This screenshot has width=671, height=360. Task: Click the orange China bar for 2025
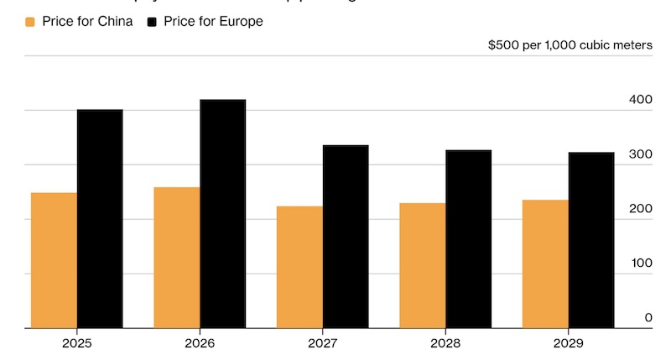tap(54, 260)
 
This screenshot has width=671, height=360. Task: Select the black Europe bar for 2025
tap(100, 218)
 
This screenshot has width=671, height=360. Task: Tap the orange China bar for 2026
tap(177, 258)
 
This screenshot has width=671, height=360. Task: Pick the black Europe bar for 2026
tap(222, 214)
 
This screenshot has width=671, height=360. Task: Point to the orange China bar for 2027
tap(299, 267)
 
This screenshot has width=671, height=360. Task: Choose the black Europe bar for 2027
tap(346, 237)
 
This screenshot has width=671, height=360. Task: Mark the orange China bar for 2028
tap(423, 265)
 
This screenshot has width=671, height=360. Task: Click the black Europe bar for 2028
tap(468, 239)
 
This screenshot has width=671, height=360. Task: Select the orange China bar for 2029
tap(545, 263)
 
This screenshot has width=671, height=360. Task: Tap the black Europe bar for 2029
tap(591, 240)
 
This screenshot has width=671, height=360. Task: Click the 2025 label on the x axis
tap(77, 343)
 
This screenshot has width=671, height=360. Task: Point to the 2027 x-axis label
tap(323, 343)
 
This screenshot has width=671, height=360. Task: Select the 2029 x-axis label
tap(569, 343)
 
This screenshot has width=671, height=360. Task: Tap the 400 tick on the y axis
tap(640, 100)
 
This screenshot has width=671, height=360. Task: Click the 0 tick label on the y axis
tap(648, 318)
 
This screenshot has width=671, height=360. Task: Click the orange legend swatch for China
tap(31, 22)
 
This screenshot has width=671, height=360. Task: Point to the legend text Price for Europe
tap(216, 22)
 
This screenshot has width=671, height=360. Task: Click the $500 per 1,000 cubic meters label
tap(570, 45)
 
